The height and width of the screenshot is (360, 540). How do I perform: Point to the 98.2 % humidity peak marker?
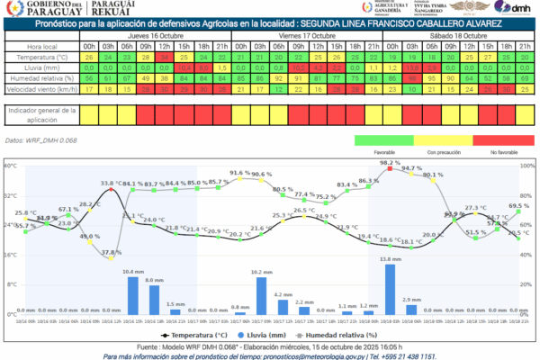(390, 168)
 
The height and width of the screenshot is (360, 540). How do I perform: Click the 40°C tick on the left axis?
(10, 166)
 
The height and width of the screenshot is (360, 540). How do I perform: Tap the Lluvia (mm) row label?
(40, 67)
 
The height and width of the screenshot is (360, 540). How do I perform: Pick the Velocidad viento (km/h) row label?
(40, 90)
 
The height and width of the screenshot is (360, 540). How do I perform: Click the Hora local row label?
(40, 45)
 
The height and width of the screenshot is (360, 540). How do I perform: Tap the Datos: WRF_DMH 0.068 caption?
(40, 140)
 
